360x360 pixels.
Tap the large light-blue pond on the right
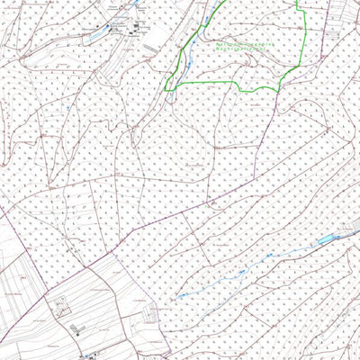click(x=325, y=240)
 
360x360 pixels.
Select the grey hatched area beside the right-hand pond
click(x=346, y=231)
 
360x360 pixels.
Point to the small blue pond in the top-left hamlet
click(x=112, y=27)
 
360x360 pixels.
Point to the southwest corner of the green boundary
click(x=168, y=87)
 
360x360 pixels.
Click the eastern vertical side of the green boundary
click(x=300, y=36)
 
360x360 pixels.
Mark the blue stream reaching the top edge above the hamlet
click(x=137, y=4)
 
